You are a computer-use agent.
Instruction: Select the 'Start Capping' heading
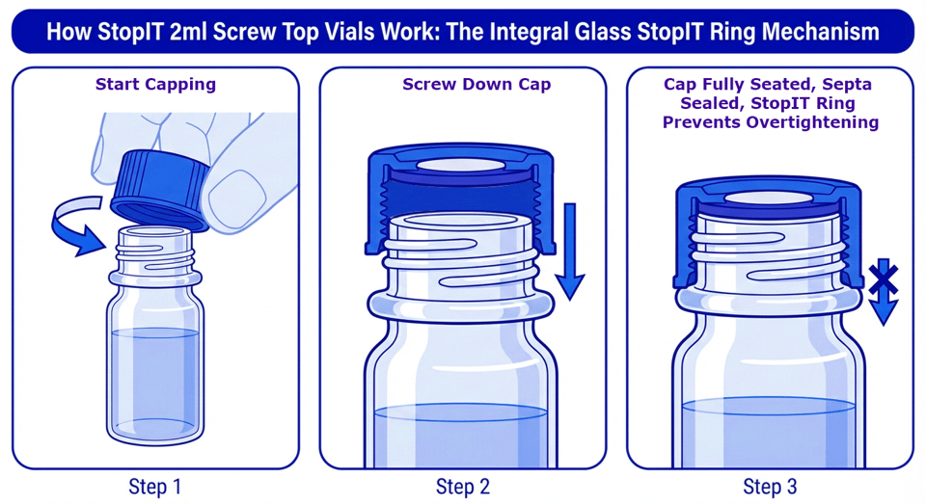(x=155, y=84)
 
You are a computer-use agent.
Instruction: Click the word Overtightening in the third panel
(x=771, y=122)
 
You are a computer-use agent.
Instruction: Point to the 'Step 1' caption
(x=155, y=487)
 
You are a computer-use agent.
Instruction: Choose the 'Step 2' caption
(x=462, y=487)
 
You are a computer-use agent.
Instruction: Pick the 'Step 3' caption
(x=770, y=487)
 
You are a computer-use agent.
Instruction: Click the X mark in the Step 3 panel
(x=883, y=277)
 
